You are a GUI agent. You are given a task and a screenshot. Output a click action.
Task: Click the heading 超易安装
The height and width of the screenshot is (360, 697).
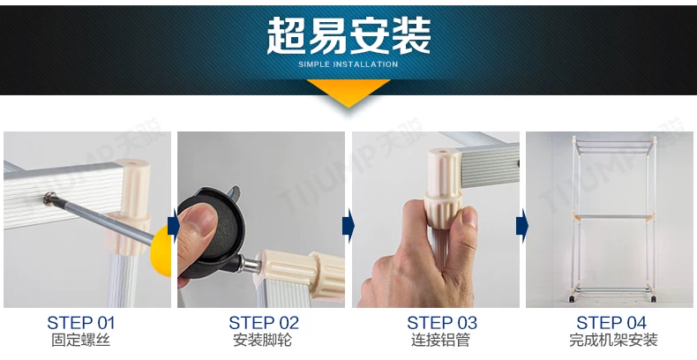click(348, 35)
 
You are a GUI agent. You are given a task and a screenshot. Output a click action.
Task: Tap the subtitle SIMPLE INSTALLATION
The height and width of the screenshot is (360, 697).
click(348, 64)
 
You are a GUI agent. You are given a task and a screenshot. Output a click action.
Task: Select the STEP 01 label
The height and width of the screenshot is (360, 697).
click(80, 323)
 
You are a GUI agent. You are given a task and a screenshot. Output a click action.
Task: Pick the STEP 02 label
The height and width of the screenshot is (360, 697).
click(264, 323)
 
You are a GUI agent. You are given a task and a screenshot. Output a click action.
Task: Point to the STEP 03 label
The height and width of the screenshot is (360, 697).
click(442, 323)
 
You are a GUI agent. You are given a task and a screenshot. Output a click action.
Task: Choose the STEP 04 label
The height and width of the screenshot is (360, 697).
click(611, 323)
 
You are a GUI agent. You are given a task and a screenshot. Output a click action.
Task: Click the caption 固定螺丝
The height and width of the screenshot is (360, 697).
click(80, 341)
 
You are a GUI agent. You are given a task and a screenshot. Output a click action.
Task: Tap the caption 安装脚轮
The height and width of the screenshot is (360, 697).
click(263, 341)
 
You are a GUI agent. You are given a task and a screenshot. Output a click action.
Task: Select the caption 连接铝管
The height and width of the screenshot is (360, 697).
click(440, 341)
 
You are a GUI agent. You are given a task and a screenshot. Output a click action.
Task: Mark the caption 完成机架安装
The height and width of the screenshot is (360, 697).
click(613, 341)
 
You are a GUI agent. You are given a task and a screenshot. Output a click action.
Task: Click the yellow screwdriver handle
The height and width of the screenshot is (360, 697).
click(161, 251)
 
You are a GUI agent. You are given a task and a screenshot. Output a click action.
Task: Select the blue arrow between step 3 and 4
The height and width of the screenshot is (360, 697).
click(521, 225)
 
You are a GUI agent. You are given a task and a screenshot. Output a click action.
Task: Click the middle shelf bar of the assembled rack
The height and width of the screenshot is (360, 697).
click(614, 217)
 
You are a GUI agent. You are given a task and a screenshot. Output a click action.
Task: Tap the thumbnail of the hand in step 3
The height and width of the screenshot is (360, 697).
click(436, 220)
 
